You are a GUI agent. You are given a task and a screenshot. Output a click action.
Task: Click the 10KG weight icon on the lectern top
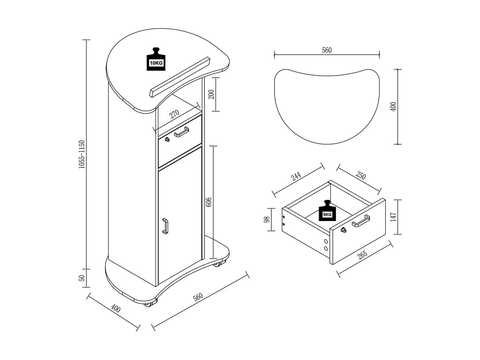click(156, 59)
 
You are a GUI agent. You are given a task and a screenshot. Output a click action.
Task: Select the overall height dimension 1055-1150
click(81, 154)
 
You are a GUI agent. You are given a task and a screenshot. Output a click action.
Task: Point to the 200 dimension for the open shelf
click(211, 94)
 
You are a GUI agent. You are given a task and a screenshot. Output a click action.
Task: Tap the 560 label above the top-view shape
click(327, 50)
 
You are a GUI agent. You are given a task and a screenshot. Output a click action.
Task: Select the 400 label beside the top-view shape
click(393, 107)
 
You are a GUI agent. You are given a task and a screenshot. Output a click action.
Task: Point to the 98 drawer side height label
click(267, 220)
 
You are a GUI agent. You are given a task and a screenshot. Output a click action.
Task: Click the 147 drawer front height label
click(393, 217)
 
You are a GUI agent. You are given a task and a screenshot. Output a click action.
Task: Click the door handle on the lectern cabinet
click(165, 226)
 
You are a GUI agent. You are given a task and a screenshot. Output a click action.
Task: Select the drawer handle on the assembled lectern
click(182, 132)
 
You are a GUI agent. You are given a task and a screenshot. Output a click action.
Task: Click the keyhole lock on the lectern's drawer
click(167, 139)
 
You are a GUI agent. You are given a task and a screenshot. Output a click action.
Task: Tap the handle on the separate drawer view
click(361, 221)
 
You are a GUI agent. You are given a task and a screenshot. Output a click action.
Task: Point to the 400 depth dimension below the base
click(116, 308)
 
